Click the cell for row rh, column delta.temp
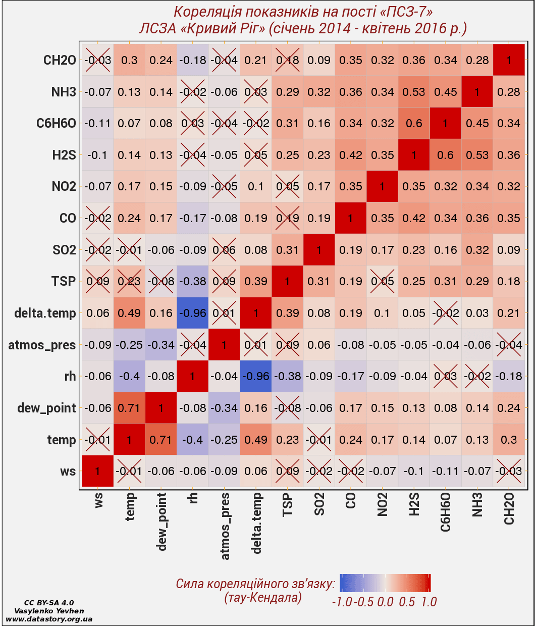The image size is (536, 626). [256, 376]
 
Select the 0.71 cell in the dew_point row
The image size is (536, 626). [129, 408]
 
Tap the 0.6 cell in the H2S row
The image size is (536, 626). [445, 155]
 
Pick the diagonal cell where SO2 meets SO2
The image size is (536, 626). [319, 250]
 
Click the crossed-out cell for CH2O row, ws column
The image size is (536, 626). [98, 60]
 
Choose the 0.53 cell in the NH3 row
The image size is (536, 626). [414, 92]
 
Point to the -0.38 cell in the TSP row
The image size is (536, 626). [193, 281]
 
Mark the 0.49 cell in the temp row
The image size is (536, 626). [256, 440]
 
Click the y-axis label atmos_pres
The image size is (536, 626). [42, 345]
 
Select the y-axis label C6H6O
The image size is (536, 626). [56, 124]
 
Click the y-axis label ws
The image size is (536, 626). [68, 472]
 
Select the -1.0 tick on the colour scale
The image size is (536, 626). [342, 602]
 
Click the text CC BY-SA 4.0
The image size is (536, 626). [49, 603]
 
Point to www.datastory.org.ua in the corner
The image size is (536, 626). [49, 619]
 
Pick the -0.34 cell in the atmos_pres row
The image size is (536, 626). [161, 345]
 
